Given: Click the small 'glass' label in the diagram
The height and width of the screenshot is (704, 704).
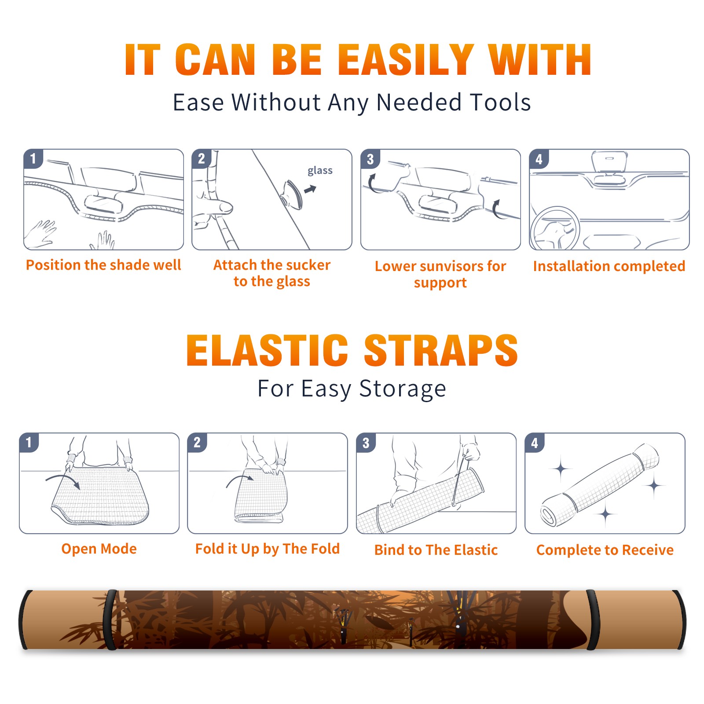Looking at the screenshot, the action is [320, 171].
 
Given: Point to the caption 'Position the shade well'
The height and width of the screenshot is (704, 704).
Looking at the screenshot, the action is [103, 265].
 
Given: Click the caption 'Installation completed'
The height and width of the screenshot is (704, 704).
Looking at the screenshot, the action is [609, 266].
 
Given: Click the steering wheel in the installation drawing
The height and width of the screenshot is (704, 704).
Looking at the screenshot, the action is [555, 229].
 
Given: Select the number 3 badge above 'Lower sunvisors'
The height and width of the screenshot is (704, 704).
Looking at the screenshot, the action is [370, 159].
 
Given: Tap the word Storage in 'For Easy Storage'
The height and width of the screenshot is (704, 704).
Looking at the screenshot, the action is [403, 389].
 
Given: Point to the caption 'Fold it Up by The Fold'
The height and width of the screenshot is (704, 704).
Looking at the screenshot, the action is [268, 549].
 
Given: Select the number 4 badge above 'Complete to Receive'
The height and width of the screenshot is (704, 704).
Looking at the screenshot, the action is [535, 443].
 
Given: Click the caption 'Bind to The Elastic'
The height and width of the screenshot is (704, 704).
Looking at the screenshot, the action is [436, 550].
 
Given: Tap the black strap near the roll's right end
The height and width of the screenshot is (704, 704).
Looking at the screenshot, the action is [592, 620].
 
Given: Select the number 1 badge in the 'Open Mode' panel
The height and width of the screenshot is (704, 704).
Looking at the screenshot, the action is [29, 443].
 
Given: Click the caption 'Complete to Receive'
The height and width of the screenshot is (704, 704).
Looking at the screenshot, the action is [605, 550].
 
